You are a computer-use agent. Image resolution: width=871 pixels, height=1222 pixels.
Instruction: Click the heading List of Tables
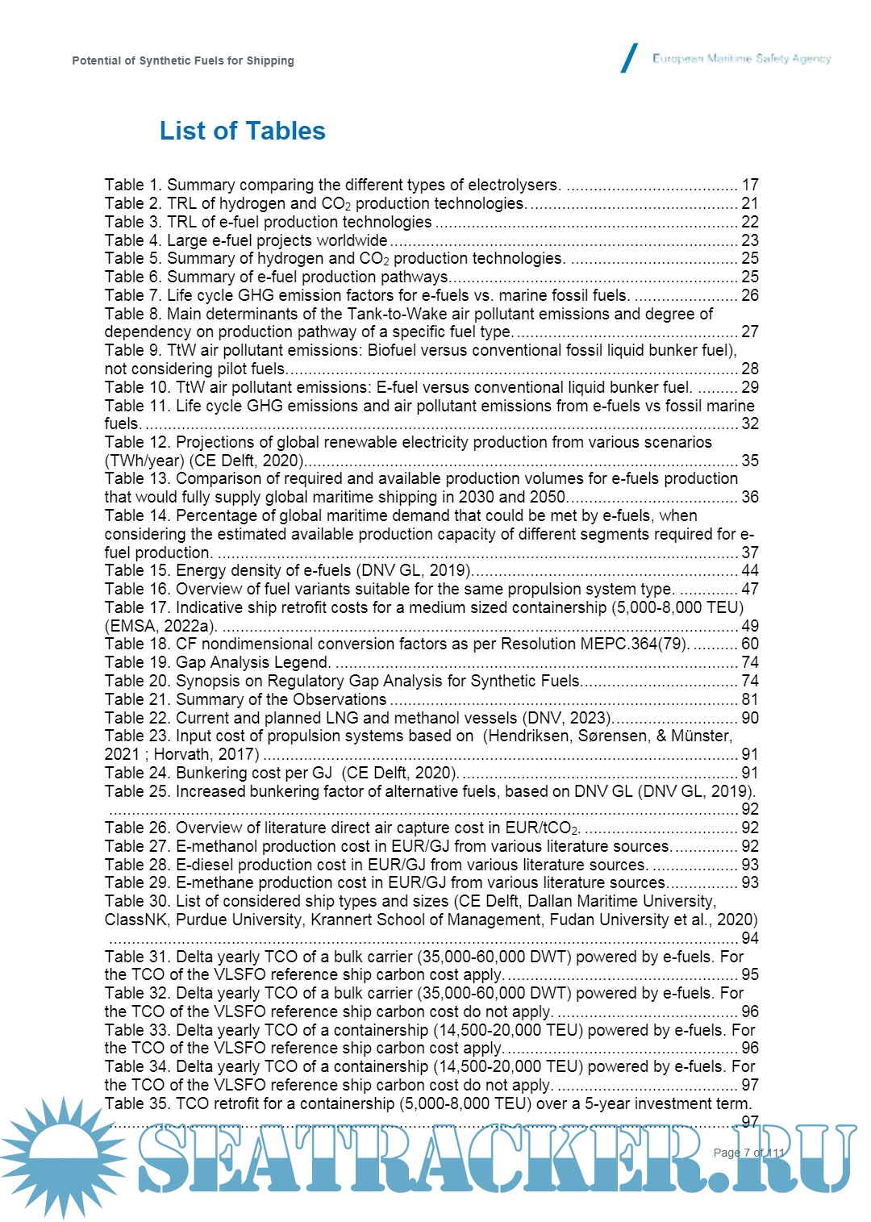[242, 131]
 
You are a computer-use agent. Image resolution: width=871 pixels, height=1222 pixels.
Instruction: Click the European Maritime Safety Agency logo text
[741, 58]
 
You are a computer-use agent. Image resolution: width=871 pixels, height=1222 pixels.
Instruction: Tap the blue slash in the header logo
[629, 58]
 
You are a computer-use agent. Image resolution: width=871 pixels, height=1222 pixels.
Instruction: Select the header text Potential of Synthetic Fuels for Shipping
[183, 60]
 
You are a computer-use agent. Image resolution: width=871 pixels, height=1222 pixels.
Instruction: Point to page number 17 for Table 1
[750, 185]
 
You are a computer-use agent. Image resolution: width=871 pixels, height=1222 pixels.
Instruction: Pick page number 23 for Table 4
[750, 240]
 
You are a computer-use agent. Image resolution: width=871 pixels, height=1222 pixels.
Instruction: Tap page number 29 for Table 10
[750, 387]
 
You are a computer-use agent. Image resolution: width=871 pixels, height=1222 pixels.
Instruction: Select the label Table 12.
[136, 442]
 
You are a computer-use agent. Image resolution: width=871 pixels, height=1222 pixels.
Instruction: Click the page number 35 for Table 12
[750, 461]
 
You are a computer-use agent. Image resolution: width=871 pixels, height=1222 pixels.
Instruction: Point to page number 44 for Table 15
[750, 570]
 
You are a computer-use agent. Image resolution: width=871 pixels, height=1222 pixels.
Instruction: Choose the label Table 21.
[136, 699]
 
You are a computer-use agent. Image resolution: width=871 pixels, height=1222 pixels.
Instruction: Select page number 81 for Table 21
[750, 699]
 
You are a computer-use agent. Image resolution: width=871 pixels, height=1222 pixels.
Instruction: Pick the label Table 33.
[136, 1030]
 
